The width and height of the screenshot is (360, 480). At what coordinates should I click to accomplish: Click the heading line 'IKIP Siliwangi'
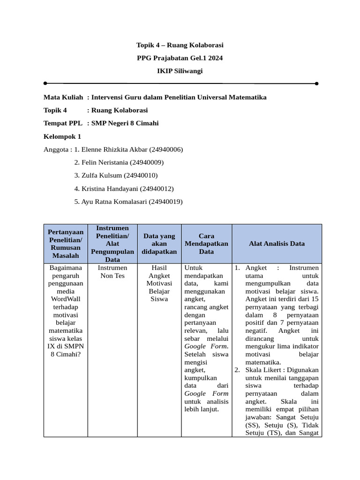(x=180, y=71)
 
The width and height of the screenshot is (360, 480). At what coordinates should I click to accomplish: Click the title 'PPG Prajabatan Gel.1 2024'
(x=180, y=58)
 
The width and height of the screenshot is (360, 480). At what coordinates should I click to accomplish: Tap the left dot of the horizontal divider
(x=45, y=83)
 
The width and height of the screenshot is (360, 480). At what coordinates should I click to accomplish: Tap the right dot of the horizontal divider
(x=317, y=83)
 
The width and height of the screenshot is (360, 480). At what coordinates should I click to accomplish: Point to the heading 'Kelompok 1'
(x=62, y=136)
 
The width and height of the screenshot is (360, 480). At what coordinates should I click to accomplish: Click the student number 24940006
(x=166, y=150)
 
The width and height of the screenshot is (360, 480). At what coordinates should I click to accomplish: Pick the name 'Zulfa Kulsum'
(x=102, y=176)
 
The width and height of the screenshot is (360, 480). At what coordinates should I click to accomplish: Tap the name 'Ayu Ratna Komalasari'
(x=114, y=202)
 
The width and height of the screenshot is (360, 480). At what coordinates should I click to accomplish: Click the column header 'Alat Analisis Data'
(x=277, y=244)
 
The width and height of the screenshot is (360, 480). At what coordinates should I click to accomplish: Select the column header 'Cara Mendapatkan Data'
(x=206, y=244)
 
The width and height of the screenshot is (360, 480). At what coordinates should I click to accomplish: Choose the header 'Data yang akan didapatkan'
(x=159, y=244)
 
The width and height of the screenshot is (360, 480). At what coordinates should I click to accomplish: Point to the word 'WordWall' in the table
(x=66, y=299)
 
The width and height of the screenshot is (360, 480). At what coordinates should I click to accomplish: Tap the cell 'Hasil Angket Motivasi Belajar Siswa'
(x=159, y=283)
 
